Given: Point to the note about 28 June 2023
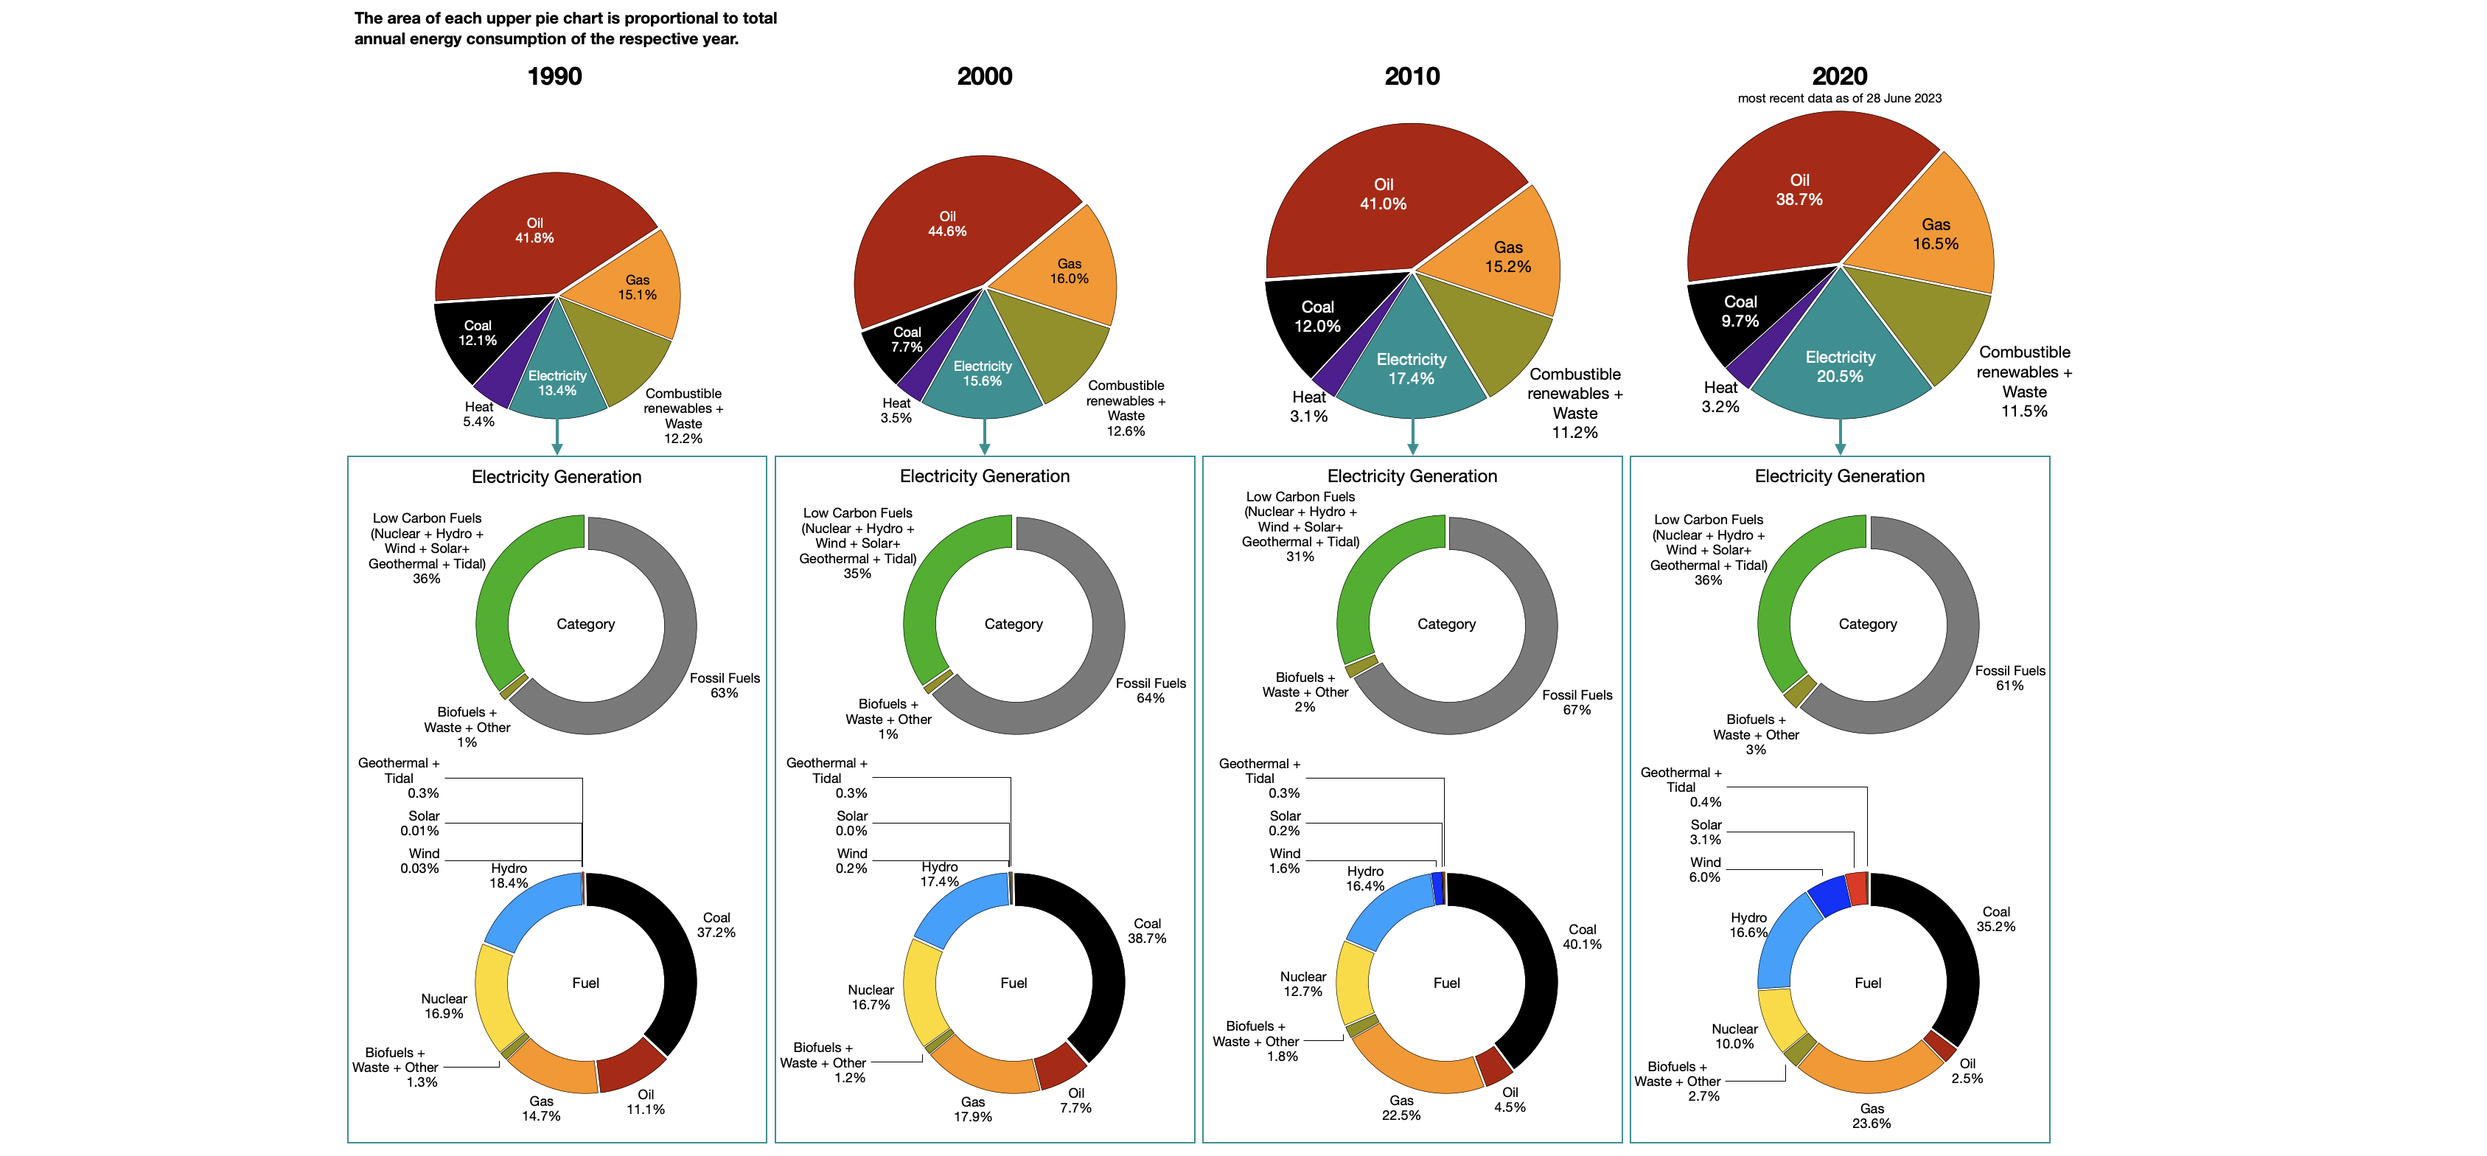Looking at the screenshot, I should (1838, 99).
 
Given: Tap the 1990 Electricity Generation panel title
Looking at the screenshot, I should (556, 477).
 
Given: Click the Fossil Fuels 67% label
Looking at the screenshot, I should (1576, 702).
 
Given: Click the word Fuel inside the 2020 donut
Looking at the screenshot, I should (1866, 983).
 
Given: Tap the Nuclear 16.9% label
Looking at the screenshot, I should (443, 1006).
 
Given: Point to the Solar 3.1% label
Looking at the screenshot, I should (1705, 832).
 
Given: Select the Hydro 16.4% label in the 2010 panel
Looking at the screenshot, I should (1364, 879).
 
